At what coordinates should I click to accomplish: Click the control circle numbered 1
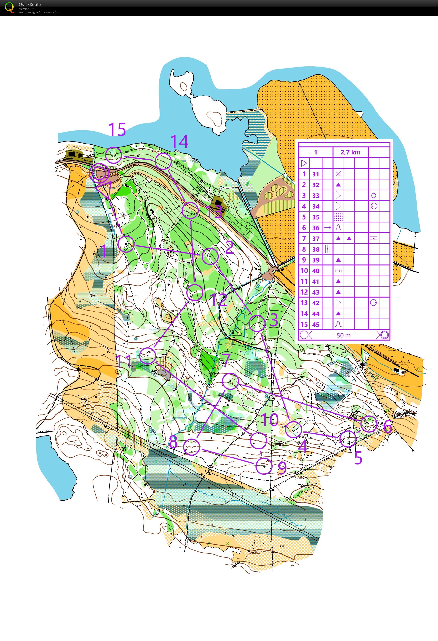pyautogui.click(x=126, y=244)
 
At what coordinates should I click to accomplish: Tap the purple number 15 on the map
pyautogui.click(x=117, y=129)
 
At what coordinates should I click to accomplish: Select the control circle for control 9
pyautogui.click(x=264, y=466)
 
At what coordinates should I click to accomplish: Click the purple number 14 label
pyautogui.click(x=180, y=142)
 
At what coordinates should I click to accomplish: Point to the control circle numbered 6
pyautogui.click(x=369, y=424)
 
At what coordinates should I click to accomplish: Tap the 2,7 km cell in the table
pyautogui.click(x=350, y=152)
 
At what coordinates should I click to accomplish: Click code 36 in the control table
pyautogui.click(x=316, y=228)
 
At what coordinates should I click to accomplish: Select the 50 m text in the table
pyautogui.click(x=344, y=335)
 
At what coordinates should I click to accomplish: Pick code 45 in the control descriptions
pyautogui.click(x=316, y=324)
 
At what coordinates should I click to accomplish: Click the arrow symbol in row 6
pyautogui.click(x=328, y=228)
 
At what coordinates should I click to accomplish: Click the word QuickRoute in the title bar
pyautogui.click(x=30, y=4)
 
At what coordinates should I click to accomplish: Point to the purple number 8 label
pyautogui.click(x=173, y=442)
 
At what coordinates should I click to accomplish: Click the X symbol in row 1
pyautogui.click(x=338, y=174)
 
